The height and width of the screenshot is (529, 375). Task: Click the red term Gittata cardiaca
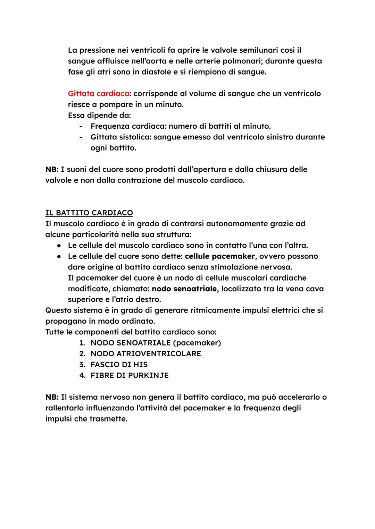point(99,94)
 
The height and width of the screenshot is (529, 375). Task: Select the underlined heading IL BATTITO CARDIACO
point(89,213)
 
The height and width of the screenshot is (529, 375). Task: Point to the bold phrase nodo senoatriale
point(184,289)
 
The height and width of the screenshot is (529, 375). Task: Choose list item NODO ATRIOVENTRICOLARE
point(146,354)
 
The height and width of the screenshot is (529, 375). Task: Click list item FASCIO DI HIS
point(119,365)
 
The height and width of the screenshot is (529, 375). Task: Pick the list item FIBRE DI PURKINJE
point(130,376)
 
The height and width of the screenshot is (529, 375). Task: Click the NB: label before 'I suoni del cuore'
point(52,170)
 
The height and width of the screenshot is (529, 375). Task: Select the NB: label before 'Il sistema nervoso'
point(52,397)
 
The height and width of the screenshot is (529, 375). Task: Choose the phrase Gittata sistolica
point(120,137)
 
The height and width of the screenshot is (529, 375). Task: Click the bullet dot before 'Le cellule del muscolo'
point(59,246)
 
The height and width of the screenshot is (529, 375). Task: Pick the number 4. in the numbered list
point(82,376)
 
